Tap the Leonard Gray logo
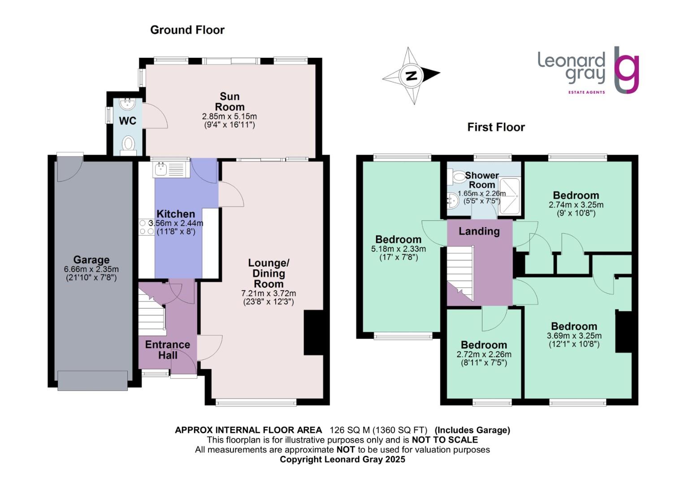coord(588,70)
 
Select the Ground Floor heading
coord(187,30)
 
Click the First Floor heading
coord(496,127)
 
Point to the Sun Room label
coord(230,102)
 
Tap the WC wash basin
coord(128,104)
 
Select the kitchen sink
coord(160,169)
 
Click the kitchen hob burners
coord(146,227)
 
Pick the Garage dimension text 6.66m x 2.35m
coord(91,269)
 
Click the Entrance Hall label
coord(168,350)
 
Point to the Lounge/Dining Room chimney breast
coord(313,333)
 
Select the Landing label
coord(479,231)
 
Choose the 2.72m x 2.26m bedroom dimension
coord(484,354)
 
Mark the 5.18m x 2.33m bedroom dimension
coord(399,249)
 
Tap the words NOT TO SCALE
coord(445,440)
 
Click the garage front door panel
coord(91,380)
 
